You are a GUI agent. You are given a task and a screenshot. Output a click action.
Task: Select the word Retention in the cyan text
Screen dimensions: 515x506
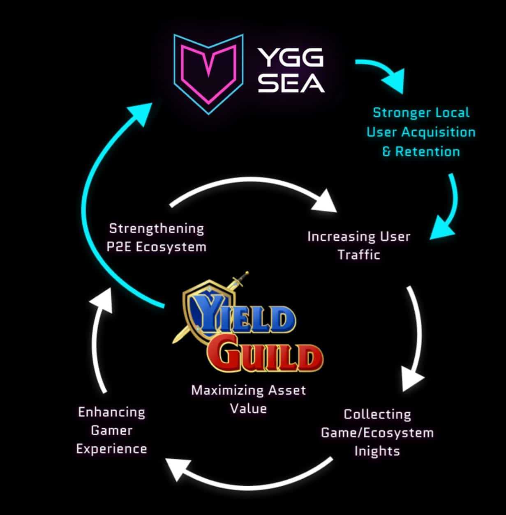click(x=427, y=152)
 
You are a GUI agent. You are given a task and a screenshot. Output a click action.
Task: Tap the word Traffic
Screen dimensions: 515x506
click(x=359, y=255)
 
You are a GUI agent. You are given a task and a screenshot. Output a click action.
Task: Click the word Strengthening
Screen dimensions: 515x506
click(x=157, y=228)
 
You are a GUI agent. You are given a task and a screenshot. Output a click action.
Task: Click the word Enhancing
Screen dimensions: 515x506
click(x=111, y=412)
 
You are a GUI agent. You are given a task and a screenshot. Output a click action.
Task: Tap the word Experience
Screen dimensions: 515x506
click(x=111, y=449)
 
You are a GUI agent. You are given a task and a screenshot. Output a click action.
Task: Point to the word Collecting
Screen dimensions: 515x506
click(x=377, y=414)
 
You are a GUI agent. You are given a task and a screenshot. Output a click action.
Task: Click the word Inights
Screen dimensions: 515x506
click(x=377, y=451)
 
